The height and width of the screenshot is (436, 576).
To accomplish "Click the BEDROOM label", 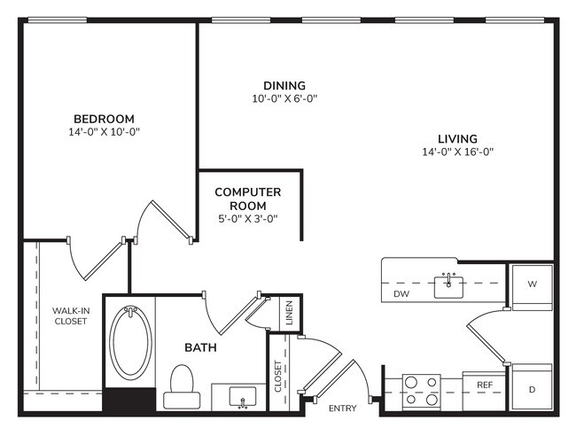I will [x=104, y=119].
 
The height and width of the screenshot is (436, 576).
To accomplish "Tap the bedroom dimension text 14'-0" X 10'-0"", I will [x=104, y=132].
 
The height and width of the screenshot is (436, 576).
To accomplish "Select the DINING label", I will [x=284, y=86].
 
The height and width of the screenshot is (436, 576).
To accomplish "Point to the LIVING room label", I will [x=457, y=139].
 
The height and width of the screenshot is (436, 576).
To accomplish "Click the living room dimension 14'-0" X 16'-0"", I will [x=457, y=152].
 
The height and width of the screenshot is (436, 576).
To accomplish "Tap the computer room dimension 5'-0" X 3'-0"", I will [x=248, y=218].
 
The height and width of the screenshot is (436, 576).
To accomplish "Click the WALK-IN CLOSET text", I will [x=70, y=315].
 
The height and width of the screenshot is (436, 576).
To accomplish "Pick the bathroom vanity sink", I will [x=240, y=396].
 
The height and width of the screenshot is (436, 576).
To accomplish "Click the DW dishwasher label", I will [x=402, y=293].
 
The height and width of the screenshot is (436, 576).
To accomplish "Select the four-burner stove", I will [x=422, y=391].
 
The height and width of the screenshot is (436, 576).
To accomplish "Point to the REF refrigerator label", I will [x=485, y=385].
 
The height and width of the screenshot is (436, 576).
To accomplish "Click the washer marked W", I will [x=533, y=285].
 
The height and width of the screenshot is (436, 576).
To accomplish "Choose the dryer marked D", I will [x=533, y=388].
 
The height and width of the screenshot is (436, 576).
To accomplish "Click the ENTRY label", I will [x=342, y=409].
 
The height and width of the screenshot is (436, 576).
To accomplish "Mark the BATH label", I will [x=201, y=347].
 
